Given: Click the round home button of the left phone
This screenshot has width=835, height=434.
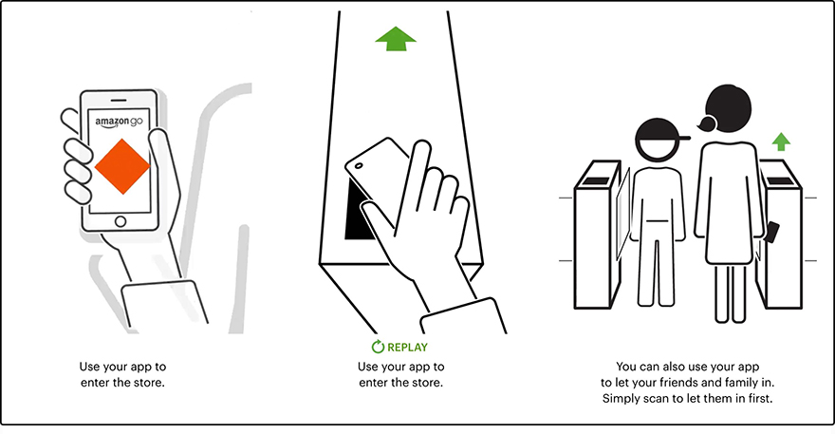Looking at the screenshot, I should [120, 221].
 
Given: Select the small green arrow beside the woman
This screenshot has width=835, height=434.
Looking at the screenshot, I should [781, 142].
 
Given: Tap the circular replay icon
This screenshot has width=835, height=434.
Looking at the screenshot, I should [377, 348].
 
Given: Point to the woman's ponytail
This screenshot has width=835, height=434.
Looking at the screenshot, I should [705, 123].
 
